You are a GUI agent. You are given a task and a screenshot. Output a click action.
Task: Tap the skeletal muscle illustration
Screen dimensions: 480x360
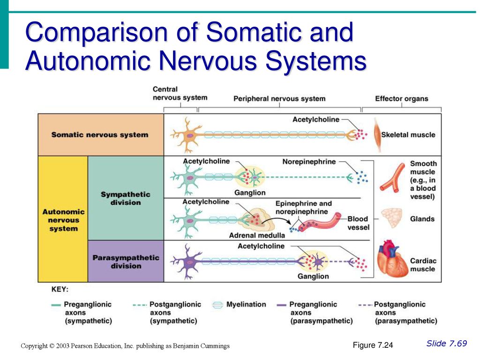[377, 135]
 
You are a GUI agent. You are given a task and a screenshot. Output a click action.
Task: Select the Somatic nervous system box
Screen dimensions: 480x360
[101, 135]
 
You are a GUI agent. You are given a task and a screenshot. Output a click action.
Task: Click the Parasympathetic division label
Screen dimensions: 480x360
[126, 262]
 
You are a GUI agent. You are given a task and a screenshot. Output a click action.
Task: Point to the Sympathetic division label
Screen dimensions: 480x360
[126, 198]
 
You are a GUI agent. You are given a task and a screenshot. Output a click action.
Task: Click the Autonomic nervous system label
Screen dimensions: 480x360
[63, 220]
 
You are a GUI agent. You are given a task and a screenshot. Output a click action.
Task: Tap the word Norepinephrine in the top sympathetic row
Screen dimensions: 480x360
[309, 162]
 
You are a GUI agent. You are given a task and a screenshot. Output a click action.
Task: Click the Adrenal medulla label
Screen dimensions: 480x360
[257, 235]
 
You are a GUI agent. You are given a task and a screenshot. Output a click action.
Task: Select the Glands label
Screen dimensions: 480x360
[422, 219]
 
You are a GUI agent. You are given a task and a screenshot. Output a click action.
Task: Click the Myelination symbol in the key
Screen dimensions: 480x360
[217, 305]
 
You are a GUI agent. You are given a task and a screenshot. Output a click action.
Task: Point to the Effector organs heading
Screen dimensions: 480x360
[401, 98]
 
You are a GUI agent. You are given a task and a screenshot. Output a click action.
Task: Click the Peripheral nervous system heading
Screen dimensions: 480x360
[279, 98]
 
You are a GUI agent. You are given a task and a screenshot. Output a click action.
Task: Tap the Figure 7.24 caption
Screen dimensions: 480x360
[373, 345]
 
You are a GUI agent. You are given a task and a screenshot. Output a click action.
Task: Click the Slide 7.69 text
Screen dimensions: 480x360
[447, 344]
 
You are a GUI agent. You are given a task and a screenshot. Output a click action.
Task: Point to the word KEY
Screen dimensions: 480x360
[60, 290]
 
